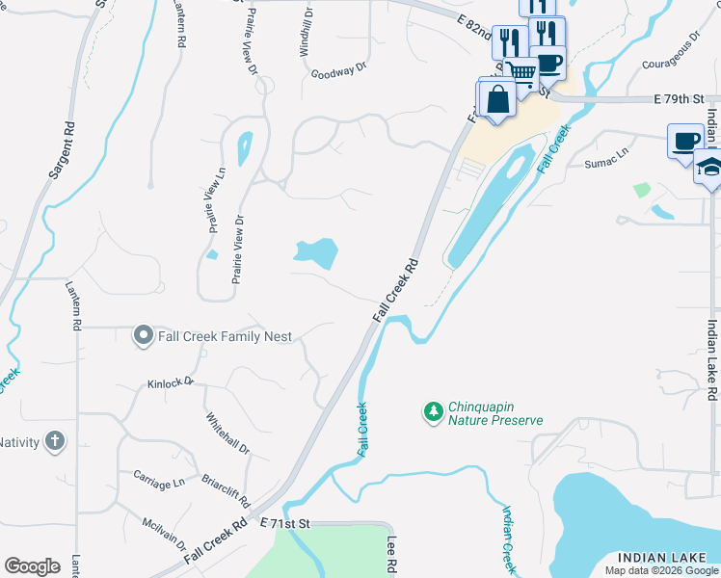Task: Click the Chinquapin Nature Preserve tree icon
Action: (434, 412)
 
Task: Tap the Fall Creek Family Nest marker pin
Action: (144, 335)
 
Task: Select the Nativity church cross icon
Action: (56, 442)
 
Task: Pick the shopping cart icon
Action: (521, 72)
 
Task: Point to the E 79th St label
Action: (681, 98)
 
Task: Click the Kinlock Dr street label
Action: (171, 382)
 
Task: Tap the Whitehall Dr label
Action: (227, 433)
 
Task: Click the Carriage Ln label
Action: (159, 481)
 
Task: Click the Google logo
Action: (32, 566)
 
